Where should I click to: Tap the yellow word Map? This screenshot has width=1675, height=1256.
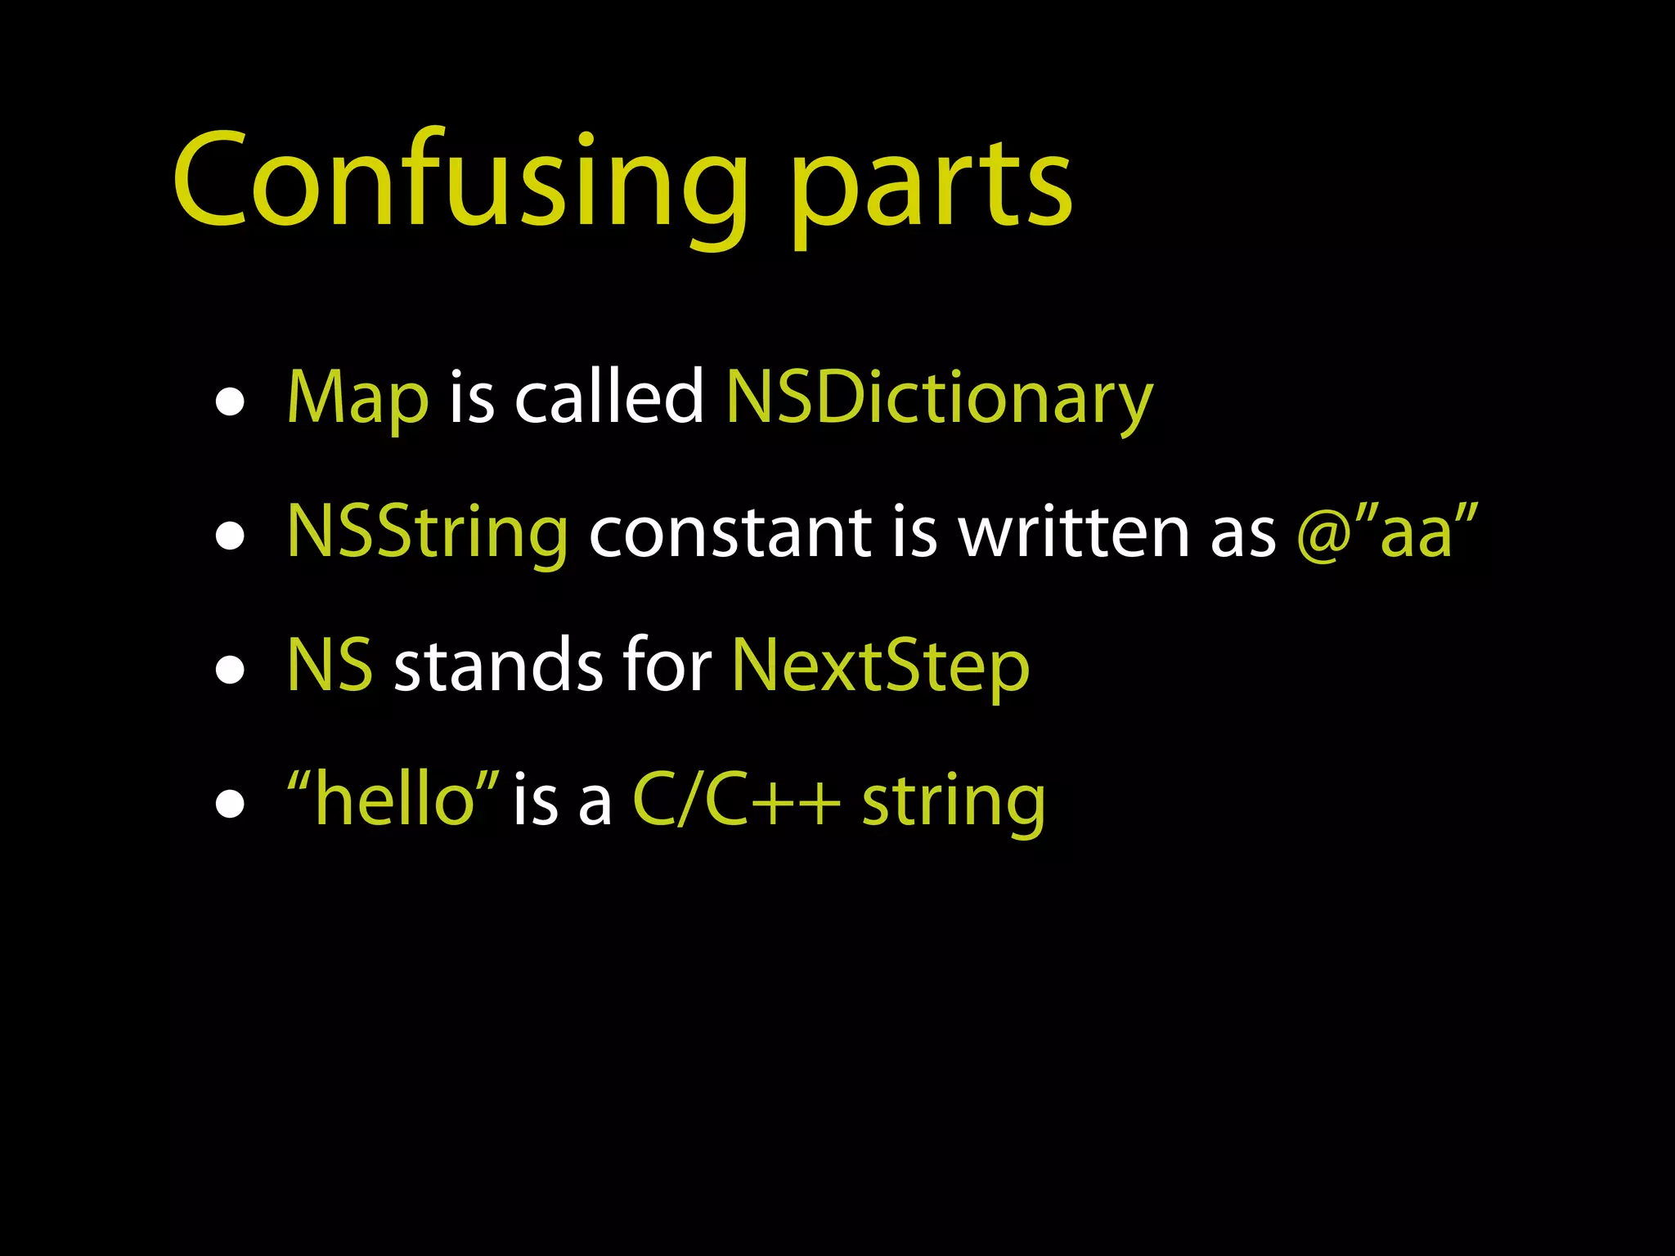[357, 398]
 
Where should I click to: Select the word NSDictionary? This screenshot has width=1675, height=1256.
[939, 398]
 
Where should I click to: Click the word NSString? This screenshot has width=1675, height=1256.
[427, 532]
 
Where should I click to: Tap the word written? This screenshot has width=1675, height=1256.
[1074, 532]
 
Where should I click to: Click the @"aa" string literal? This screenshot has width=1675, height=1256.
[1388, 532]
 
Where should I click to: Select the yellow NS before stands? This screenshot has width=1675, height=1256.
[330, 666]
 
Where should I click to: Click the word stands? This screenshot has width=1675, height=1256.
[498, 666]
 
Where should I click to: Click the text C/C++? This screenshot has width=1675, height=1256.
[736, 800]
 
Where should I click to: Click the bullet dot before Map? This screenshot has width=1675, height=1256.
[231, 402]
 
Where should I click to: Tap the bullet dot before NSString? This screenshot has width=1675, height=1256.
[231, 536]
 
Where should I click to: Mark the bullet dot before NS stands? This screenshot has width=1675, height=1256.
[231, 671]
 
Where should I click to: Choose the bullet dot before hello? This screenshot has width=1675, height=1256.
[231, 805]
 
